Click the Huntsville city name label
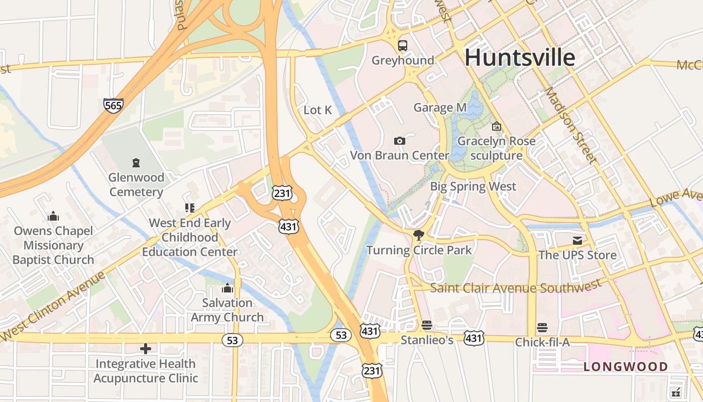coord(520,57)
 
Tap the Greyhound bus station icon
coord(403,46)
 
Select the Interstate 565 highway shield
coord(113,105)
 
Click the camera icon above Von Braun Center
coord(400,141)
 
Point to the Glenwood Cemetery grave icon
coord(136,162)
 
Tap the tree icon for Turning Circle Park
coord(418,235)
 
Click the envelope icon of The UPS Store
coord(577,241)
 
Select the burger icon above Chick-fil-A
coord(542,328)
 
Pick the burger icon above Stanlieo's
coord(427,325)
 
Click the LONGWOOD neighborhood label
coord(625,367)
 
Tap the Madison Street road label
coord(572,125)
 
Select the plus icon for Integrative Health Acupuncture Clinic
coord(146,348)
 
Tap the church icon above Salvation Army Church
coord(227,288)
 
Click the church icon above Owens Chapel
coord(53,217)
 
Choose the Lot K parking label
coord(318,110)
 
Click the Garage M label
coord(440,108)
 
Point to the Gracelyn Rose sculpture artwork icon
coord(497,127)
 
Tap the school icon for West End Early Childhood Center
coord(189,208)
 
